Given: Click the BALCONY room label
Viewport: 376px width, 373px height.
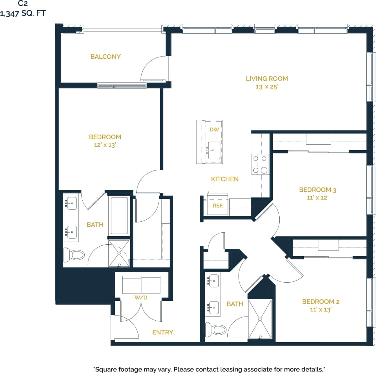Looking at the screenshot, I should pos(106,56).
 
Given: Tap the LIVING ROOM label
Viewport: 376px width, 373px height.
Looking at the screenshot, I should pos(267,78).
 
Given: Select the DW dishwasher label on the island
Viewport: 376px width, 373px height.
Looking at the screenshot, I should pos(214,130).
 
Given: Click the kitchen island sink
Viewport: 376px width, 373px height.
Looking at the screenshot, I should pos(214,150).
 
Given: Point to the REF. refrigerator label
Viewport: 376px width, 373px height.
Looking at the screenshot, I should pos(218,206).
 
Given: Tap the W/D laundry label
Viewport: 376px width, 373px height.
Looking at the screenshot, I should pos(141,297).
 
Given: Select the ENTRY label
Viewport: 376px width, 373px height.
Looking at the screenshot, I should pos(162,332).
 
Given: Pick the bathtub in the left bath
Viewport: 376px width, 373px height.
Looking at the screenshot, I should pos(119,215).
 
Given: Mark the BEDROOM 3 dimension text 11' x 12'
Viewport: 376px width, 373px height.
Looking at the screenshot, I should pos(315,197).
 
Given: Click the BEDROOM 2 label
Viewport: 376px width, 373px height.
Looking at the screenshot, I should pos(320,301).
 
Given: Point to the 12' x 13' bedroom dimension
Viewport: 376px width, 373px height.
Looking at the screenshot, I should pos(105,145).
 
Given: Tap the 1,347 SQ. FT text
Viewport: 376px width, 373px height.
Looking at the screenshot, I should pos(23,14).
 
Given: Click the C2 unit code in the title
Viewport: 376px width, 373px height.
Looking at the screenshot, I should pos(23,4).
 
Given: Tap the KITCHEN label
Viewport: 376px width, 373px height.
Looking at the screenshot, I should pos(225,179).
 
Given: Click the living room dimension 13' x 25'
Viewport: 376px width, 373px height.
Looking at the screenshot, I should pos(267,87).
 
